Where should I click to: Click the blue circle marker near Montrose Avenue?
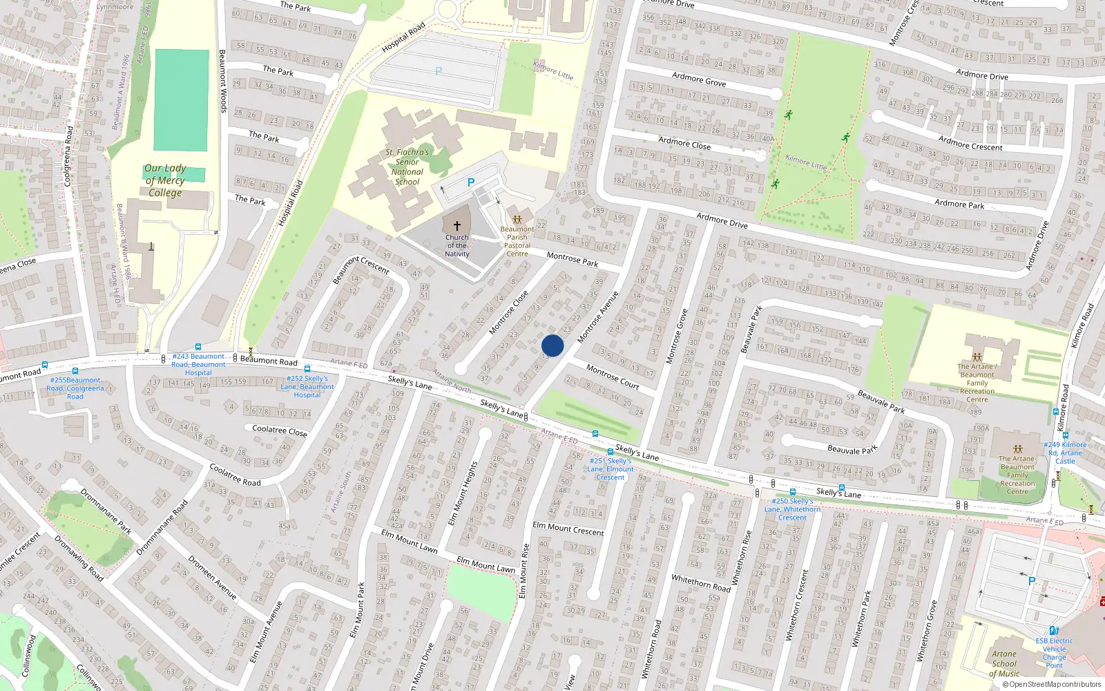(x=552, y=345)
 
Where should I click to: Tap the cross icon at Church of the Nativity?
(x=457, y=226)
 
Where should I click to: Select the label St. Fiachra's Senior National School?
(x=407, y=167)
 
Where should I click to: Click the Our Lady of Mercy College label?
(x=165, y=180)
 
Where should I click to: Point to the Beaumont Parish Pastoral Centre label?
(x=517, y=241)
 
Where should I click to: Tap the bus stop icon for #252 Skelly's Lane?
(x=307, y=369)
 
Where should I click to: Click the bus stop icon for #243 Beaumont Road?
(x=198, y=348)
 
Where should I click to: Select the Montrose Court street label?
(x=613, y=377)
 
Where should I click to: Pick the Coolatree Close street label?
(x=279, y=430)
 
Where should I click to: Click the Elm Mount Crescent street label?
(x=568, y=529)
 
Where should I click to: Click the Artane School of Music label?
(x=1004, y=663)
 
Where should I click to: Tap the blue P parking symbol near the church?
(x=471, y=183)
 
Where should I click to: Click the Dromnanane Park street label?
(x=106, y=511)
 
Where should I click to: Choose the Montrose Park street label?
(x=573, y=259)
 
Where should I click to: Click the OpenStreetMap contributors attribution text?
(x=1052, y=685)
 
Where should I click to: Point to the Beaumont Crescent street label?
(x=361, y=269)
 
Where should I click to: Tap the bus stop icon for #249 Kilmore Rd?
(x=1066, y=435)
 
